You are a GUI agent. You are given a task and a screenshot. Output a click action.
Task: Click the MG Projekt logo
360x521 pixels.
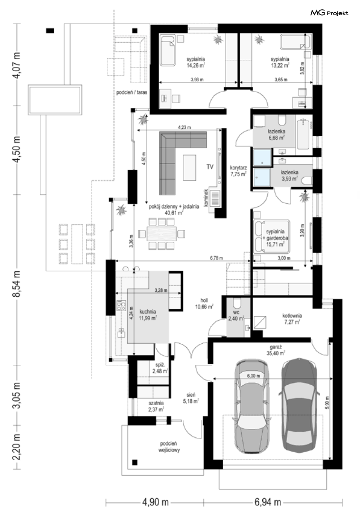[x=329, y=13]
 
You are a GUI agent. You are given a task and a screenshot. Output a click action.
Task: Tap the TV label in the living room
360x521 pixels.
[x=210, y=166]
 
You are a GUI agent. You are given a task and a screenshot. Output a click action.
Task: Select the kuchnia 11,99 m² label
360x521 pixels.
[x=148, y=315]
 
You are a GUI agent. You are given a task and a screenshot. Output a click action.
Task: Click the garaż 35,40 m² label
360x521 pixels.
[x=276, y=350]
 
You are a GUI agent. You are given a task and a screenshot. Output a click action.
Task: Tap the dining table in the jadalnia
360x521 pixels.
[x=161, y=233]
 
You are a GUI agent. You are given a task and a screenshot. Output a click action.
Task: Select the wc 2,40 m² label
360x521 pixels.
[x=236, y=315]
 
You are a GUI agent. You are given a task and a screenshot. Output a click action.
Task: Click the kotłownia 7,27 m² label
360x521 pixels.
[x=292, y=319]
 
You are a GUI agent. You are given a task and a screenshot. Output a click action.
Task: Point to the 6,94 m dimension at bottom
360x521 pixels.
[x=268, y=503]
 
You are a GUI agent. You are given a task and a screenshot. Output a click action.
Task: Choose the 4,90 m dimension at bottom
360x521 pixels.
[x=155, y=503]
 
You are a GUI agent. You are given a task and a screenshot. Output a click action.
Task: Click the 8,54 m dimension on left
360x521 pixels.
[x=16, y=284]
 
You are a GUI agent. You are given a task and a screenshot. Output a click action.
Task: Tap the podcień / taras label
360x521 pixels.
[x=132, y=92]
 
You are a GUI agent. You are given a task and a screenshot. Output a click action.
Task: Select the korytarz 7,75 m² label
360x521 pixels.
[x=238, y=171]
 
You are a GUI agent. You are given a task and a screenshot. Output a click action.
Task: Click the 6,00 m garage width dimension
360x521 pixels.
[x=254, y=376]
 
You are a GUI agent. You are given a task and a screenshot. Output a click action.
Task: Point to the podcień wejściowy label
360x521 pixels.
[x=169, y=447]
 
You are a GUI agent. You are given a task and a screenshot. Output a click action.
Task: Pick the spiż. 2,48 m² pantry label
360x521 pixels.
[x=160, y=368]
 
